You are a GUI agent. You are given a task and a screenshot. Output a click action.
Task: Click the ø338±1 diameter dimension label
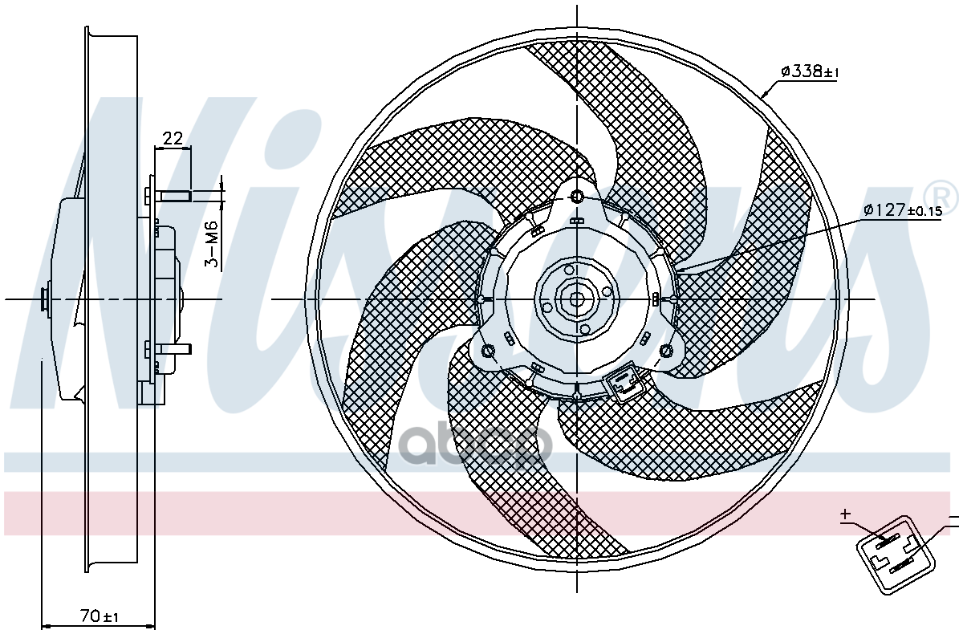click(810, 72)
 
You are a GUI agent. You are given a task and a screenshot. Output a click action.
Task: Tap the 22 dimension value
click(173, 138)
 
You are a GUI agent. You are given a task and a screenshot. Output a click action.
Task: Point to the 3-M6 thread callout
click(212, 243)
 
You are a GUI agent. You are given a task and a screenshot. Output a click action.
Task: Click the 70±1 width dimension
click(100, 616)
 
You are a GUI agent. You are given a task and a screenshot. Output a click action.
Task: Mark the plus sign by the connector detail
click(845, 514)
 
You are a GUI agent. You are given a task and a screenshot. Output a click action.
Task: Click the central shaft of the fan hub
click(576, 299)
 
